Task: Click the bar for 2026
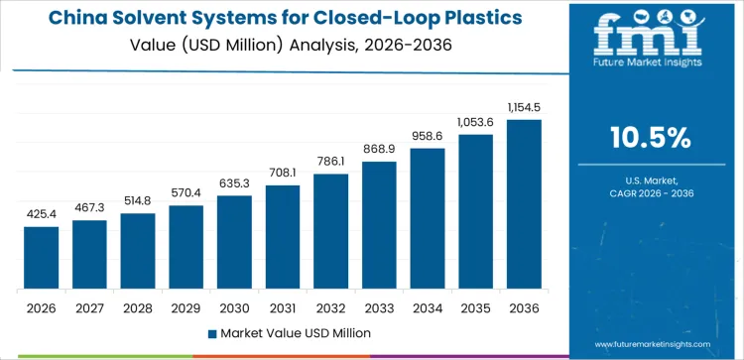coord(41,258)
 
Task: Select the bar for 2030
coord(234,242)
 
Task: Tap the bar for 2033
coord(379,225)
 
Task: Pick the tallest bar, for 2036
coord(524,204)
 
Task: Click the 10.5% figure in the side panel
coord(651,138)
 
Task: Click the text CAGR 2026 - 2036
coord(651,193)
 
